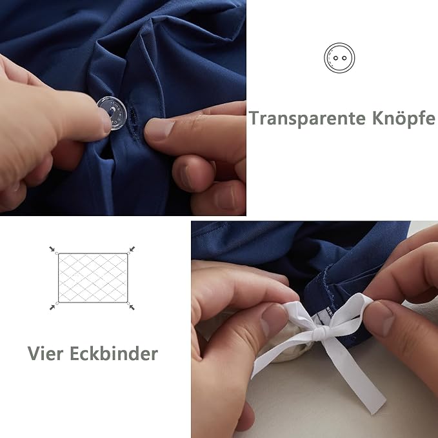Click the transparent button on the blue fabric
(112, 113)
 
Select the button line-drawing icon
(339, 58)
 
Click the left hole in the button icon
(336, 58)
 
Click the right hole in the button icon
(344, 58)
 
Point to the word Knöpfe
(404, 117)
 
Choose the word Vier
(46, 353)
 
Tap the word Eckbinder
(114, 353)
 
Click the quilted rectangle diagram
(93, 277)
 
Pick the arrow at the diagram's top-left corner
(52, 249)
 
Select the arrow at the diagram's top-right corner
(132, 249)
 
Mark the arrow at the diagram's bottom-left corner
(52, 307)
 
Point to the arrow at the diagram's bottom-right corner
(132, 307)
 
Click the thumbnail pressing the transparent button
(106, 121)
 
